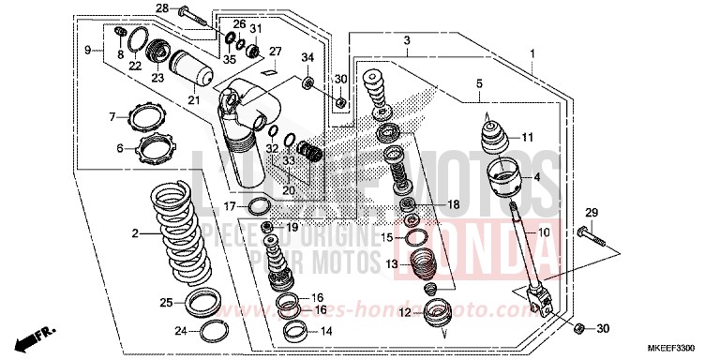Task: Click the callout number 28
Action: click(162, 8)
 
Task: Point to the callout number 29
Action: click(592, 211)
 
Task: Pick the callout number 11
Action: click(527, 137)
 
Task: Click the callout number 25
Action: click(166, 303)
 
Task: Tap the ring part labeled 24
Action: click(215, 329)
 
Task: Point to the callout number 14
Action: click(326, 331)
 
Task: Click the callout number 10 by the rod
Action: click(544, 232)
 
